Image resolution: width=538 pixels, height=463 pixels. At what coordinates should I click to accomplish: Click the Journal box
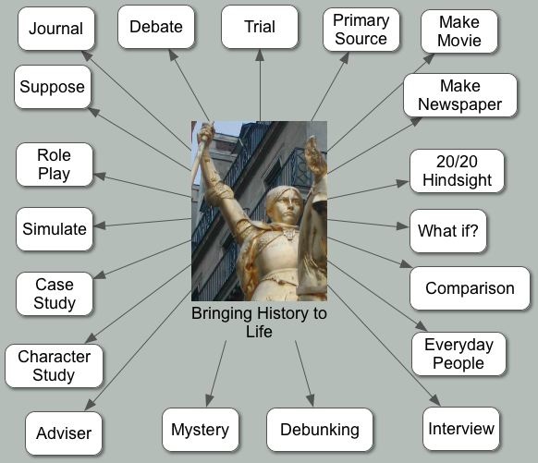click(56, 29)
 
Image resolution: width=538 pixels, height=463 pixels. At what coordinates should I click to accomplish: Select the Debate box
click(156, 27)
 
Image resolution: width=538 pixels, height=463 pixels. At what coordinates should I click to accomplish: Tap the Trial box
click(260, 27)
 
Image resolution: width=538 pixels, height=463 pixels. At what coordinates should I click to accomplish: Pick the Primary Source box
click(361, 30)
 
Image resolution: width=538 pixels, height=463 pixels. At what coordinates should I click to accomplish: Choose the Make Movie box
click(459, 31)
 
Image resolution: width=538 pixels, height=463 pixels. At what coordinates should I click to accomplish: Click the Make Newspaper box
click(460, 95)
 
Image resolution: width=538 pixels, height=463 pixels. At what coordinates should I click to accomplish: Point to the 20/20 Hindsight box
click(457, 171)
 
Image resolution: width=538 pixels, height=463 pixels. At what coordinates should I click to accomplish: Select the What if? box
click(448, 231)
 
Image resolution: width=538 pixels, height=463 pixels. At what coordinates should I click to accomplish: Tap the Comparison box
click(471, 288)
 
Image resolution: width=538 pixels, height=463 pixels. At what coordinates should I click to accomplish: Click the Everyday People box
click(459, 354)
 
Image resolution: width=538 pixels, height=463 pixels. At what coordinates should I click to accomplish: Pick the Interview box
click(461, 429)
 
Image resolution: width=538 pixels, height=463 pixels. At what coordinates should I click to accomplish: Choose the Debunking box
click(320, 430)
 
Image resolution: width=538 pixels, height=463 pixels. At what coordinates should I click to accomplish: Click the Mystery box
click(201, 430)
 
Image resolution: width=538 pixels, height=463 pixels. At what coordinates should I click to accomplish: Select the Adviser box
click(64, 433)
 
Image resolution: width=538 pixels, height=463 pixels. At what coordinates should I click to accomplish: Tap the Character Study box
click(54, 366)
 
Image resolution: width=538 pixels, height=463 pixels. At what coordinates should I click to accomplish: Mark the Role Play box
click(55, 164)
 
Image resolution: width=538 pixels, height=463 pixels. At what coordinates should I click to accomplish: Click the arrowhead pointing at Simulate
click(100, 225)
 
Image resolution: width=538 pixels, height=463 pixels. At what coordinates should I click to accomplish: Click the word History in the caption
click(281, 313)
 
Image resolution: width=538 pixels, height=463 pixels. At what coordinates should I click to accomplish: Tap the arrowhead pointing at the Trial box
click(260, 55)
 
